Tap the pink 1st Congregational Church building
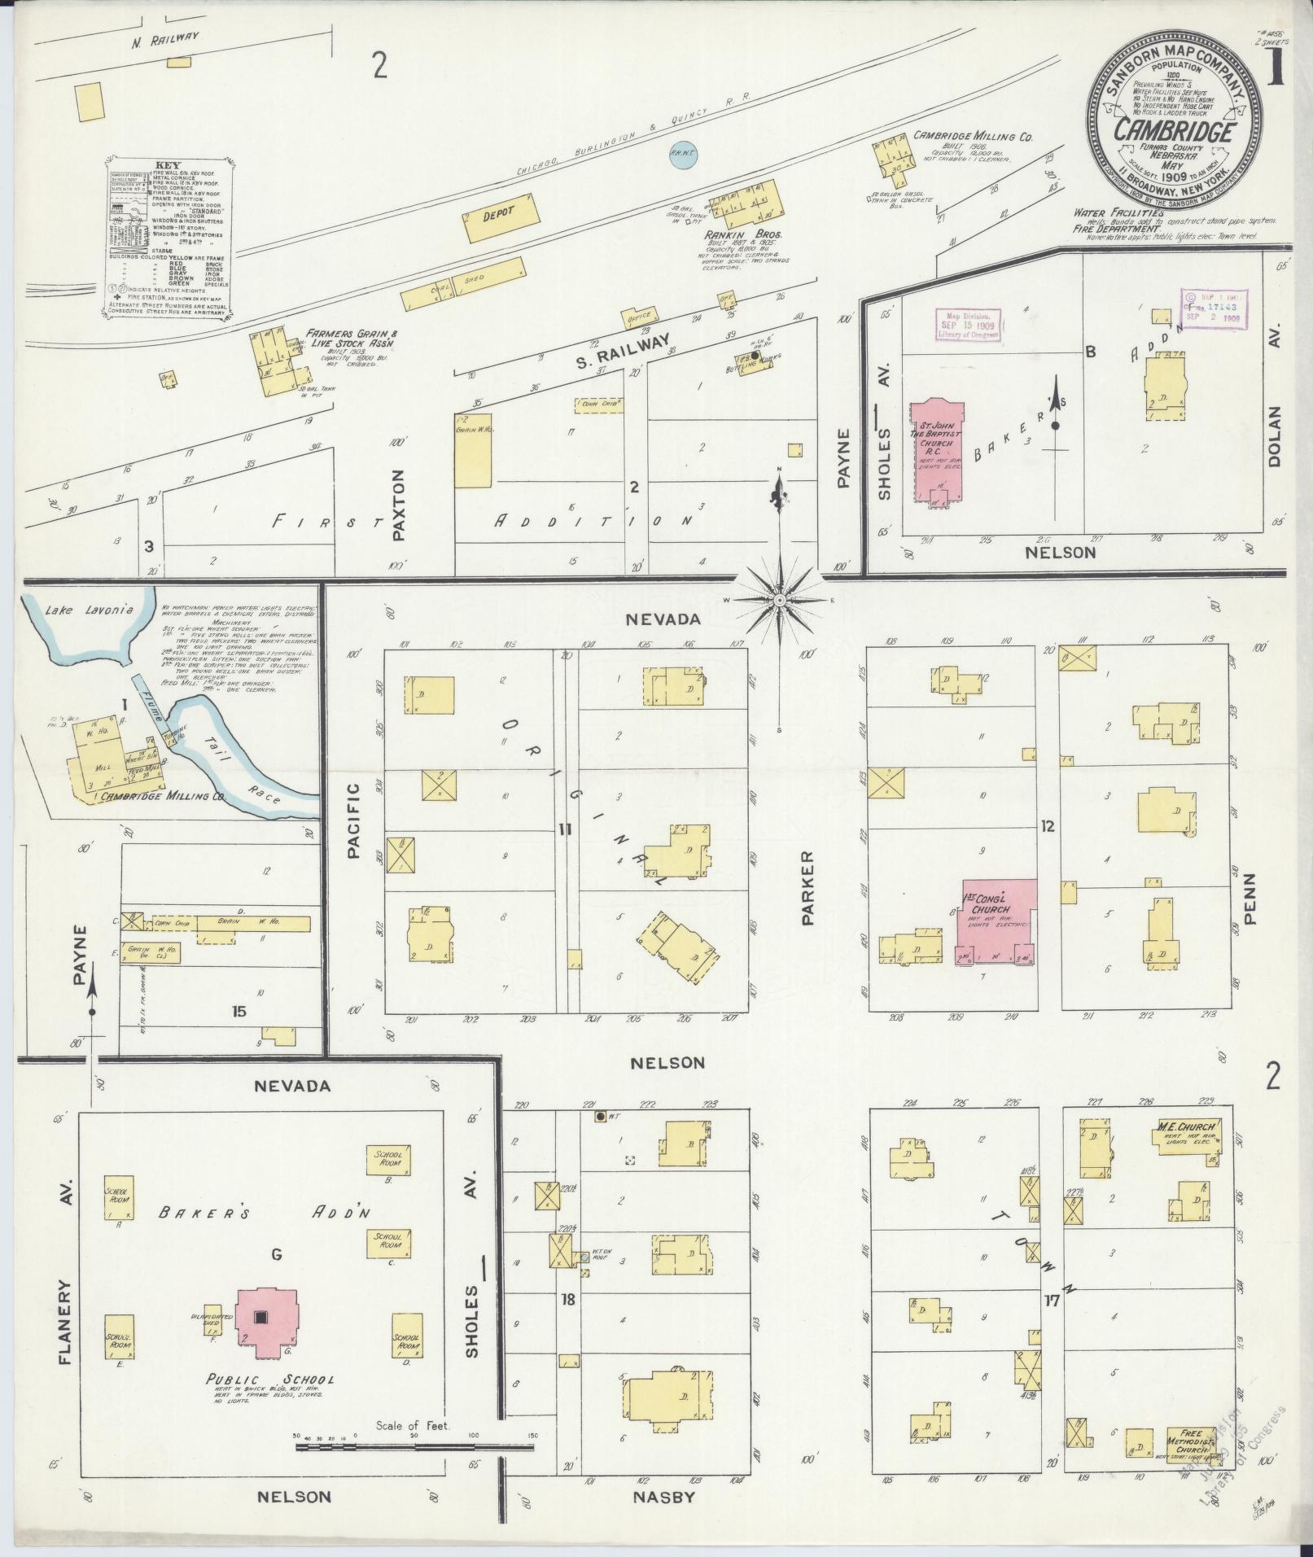pos(1000,921)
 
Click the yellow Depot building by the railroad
pos(501,216)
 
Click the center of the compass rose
pos(779,600)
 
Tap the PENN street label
pos(1250,900)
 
